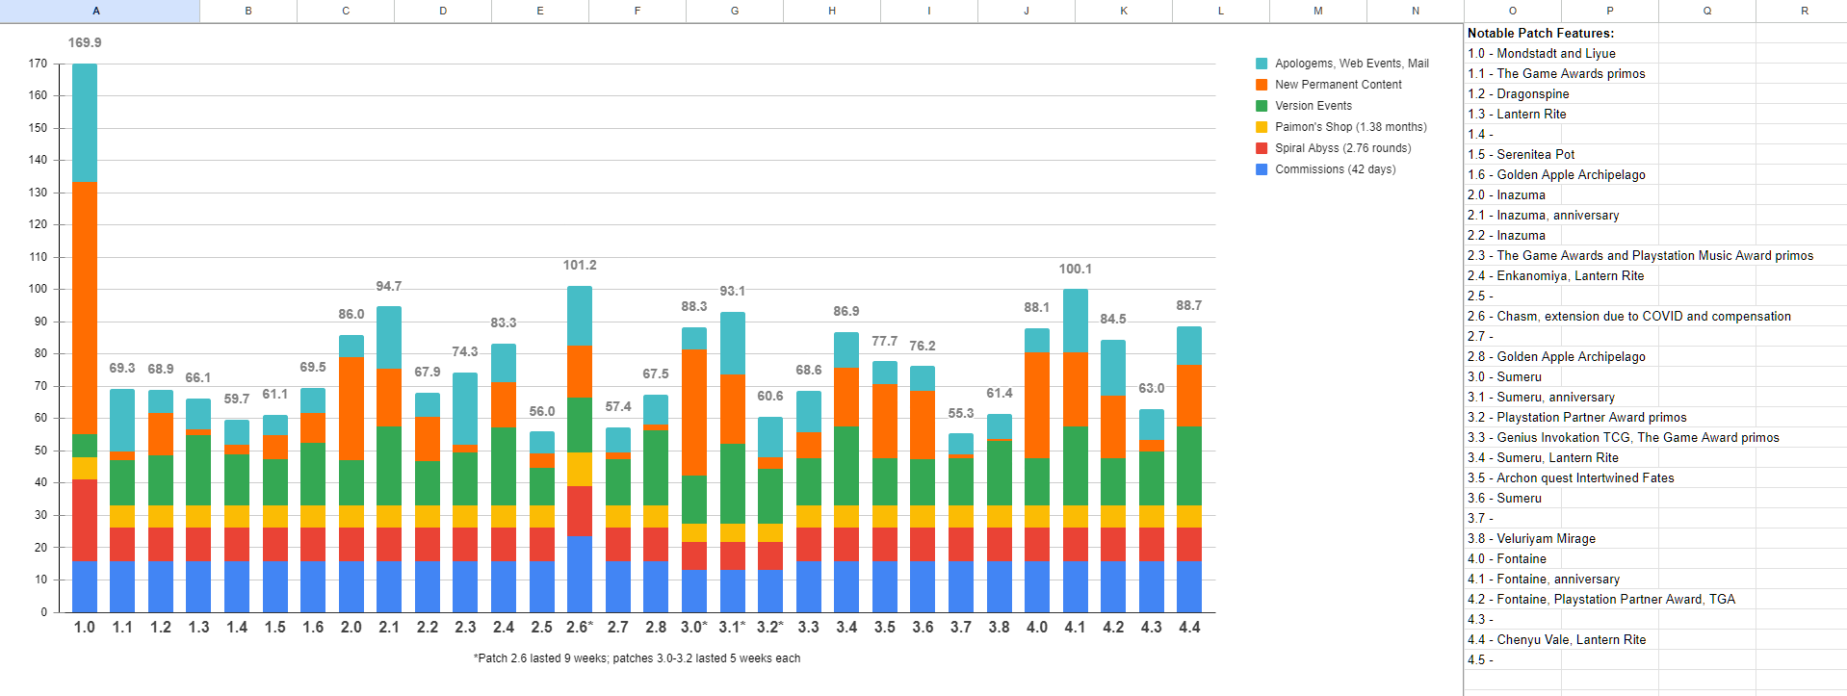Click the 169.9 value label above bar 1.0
pyautogui.click(x=85, y=43)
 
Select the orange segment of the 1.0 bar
pyautogui.click(x=85, y=308)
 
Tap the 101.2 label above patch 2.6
pyautogui.click(x=580, y=266)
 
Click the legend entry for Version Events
pyautogui.click(x=1313, y=106)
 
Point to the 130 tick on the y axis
pyautogui.click(x=38, y=193)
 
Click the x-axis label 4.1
pyautogui.click(x=1075, y=628)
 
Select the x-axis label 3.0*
pyautogui.click(x=694, y=628)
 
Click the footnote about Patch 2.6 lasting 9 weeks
pyautogui.click(x=637, y=658)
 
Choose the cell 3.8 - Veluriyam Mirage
pyautogui.click(x=1531, y=539)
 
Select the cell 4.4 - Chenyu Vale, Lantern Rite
pyautogui.click(x=1556, y=640)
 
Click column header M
pyautogui.click(x=1317, y=11)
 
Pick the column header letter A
pyautogui.click(x=96, y=11)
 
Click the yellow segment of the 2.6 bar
pyautogui.click(x=580, y=469)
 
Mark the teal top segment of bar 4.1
pyautogui.click(x=1076, y=321)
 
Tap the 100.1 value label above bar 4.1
pyautogui.click(x=1076, y=270)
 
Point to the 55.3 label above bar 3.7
pyautogui.click(x=961, y=414)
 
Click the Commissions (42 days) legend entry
pyautogui.click(x=1335, y=169)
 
